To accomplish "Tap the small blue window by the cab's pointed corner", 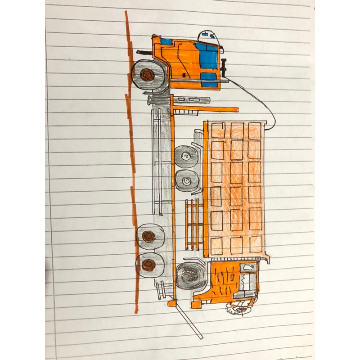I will tap(166, 42).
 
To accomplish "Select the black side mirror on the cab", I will tap(223, 67).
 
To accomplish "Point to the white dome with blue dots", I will tap(208, 36).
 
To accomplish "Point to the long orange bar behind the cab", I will tap(205, 109).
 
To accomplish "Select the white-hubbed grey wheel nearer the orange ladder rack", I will tap(185, 181).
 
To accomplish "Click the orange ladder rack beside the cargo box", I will tap(194, 224).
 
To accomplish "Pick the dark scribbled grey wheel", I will tap(191, 275).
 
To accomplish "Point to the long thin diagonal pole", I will tap(189, 320).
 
